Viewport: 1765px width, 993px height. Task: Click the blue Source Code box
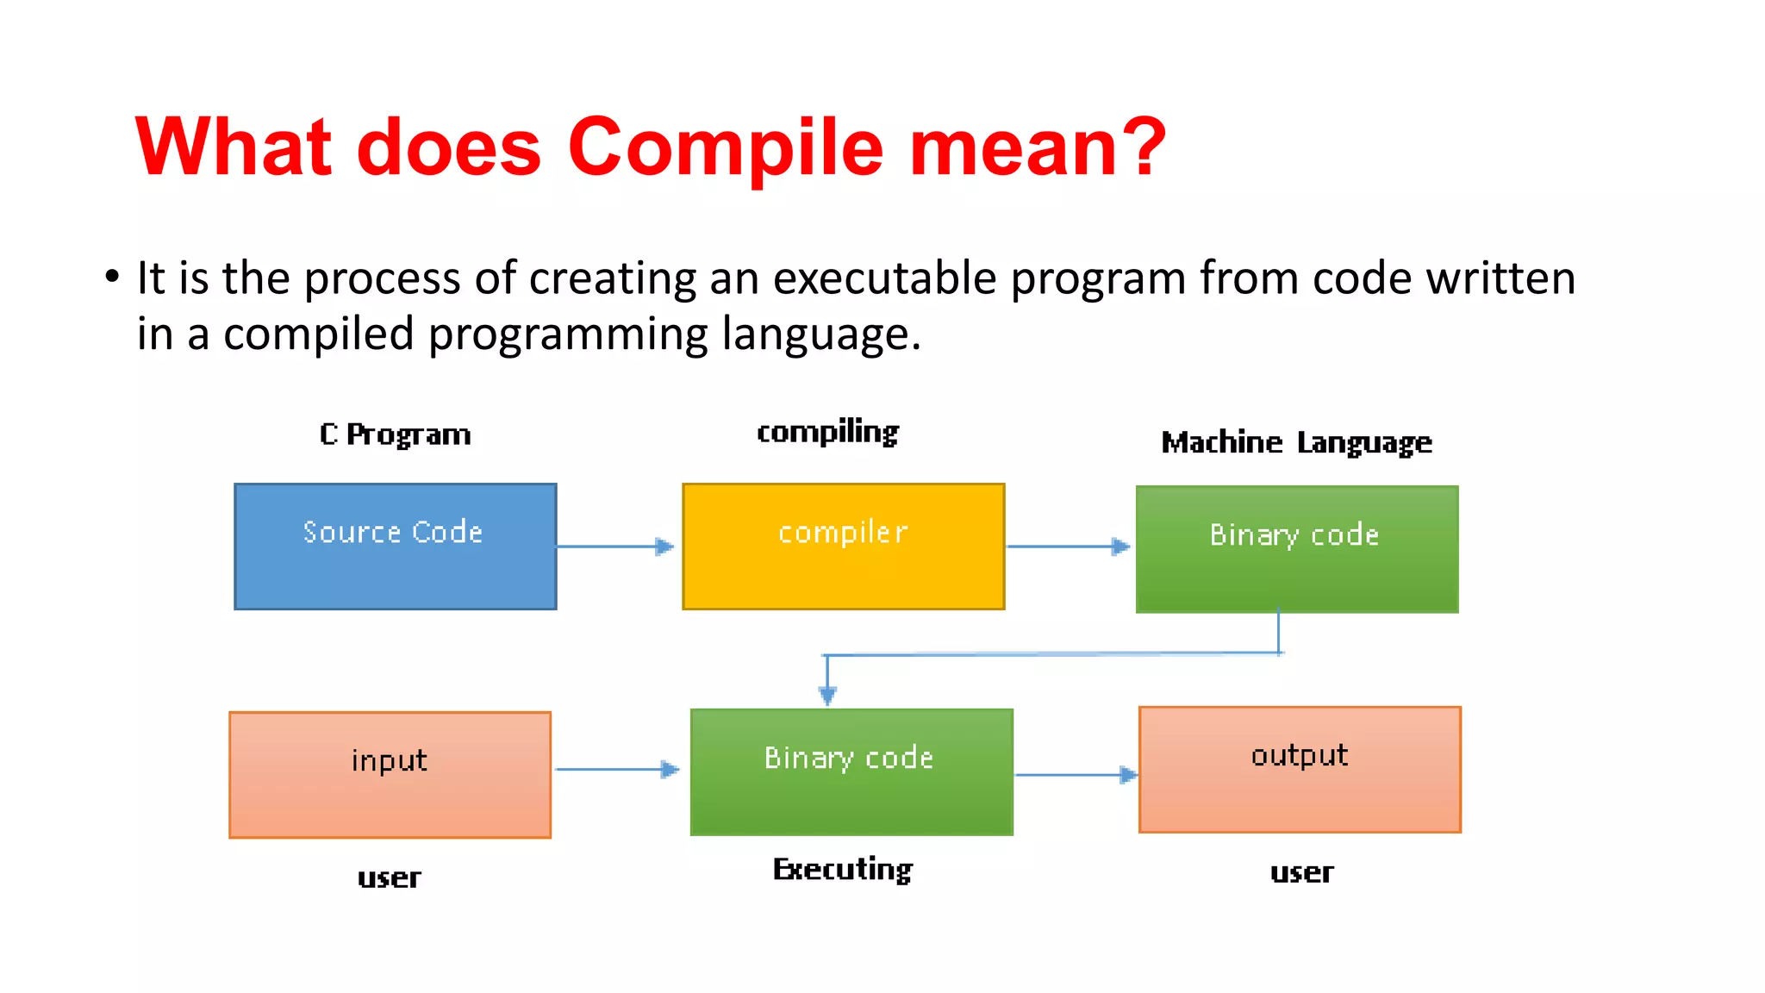tap(395, 546)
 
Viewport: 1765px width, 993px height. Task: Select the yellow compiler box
tap(843, 546)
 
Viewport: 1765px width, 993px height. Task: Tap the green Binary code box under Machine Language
tap(1296, 549)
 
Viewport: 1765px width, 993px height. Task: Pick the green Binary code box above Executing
tap(851, 771)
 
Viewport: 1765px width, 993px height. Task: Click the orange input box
tap(390, 774)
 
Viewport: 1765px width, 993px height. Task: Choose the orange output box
tap(1300, 769)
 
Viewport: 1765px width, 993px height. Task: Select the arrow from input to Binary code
tap(617, 769)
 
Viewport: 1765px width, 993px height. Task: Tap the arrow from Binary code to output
tap(1076, 774)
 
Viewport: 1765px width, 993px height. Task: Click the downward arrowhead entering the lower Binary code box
tap(827, 695)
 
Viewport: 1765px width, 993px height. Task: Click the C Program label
tap(396, 434)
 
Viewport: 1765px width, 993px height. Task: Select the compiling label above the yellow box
tap(827, 432)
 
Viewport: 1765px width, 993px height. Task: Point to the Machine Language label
tap(1296, 442)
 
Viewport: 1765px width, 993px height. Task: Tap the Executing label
tap(842, 870)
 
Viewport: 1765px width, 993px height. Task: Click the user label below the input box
tap(390, 877)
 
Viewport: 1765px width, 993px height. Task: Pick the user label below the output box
tap(1301, 872)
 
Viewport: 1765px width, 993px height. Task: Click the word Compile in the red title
tap(725, 148)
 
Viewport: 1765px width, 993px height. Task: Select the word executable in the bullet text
tap(884, 278)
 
